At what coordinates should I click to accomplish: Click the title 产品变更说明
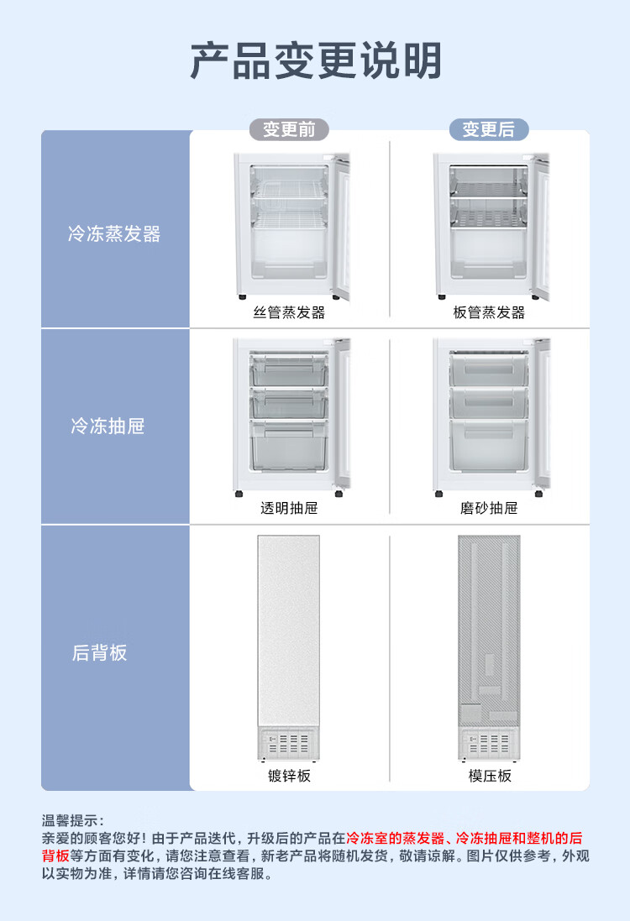(316, 60)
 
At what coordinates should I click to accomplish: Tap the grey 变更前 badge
(289, 129)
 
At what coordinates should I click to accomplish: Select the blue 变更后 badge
(488, 129)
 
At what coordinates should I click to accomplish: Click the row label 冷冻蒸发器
(114, 233)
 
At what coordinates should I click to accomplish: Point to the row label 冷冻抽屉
(108, 426)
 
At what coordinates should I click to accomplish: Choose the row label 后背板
(99, 652)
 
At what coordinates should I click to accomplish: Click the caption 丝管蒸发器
(289, 312)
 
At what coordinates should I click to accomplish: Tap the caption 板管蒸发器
(489, 312)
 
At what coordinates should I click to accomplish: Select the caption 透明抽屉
(289, 508)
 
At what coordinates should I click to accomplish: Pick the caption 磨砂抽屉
(489, 508)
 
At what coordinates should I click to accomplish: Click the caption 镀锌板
(289, 776)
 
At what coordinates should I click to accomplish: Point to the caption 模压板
(490, 776)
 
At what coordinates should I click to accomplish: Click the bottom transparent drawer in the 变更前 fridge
(289, 446)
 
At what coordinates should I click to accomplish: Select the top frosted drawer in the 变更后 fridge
(489, 369)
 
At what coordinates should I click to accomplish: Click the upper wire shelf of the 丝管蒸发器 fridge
(289, 189)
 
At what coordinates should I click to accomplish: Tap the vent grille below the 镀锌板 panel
(289, 744)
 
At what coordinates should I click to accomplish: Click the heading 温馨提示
(71, 820)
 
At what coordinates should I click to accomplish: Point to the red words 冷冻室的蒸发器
(396, 838)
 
